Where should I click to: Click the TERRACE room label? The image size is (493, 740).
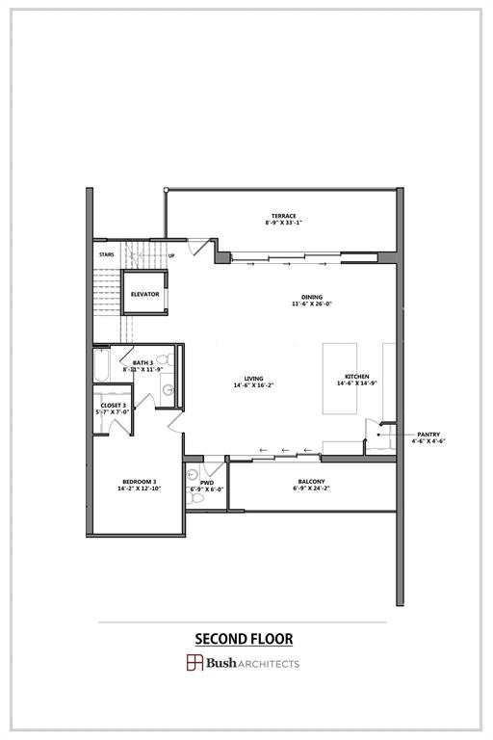[283, 216]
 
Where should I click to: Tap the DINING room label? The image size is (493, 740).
[311, 297]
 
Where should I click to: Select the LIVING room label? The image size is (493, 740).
[253, 378]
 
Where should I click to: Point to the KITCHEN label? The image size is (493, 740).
[357, 377]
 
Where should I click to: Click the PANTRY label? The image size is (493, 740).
[428, 435]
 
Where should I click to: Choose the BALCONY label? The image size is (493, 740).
[310, 482]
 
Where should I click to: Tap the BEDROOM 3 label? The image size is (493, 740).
[139, 482]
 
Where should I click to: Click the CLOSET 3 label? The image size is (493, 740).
[113, 405]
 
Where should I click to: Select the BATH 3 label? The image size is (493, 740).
[143, 362]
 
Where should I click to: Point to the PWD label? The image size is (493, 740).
[207, 482]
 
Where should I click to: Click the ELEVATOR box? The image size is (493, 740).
[145, 293]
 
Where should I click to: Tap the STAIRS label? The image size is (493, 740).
[106, 255]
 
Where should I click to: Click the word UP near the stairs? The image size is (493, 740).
[171, 256]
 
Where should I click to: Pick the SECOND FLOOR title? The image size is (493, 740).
[244, 639]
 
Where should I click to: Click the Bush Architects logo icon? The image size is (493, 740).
[195, 663]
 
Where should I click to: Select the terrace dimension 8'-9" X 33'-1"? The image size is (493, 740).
[283, 223]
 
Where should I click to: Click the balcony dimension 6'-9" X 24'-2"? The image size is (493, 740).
[310, 489]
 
